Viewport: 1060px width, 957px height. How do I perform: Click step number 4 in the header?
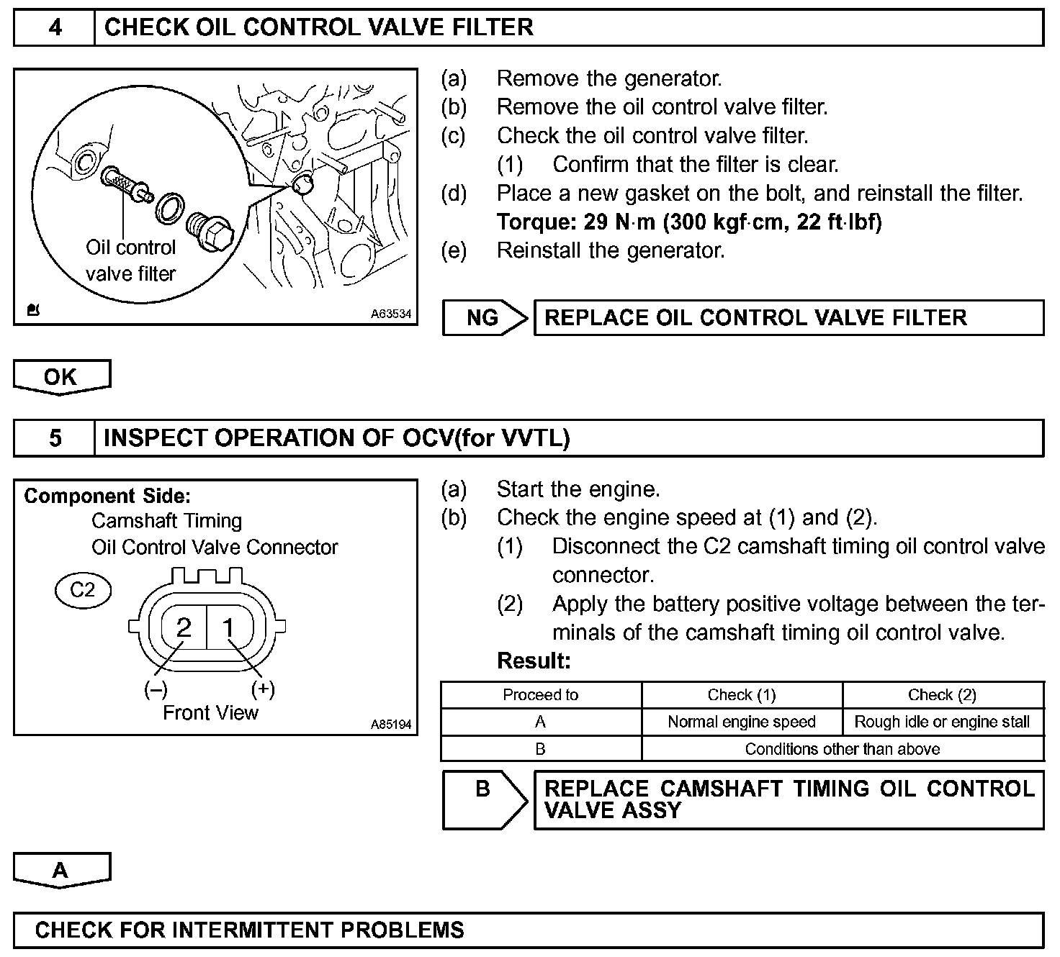pyautogui.click(x=55, y=28)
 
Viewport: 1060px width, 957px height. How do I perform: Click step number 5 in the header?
pyautogui.click(x=55, y=438)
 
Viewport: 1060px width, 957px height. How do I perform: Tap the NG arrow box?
pyautogui.click(x=485, y=318)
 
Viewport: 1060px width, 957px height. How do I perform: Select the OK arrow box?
pyautogui.click(x=61, y=377)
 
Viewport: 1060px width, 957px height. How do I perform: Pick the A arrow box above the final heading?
pyautogui.click(x=61, y=870)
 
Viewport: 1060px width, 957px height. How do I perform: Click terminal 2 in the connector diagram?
pyautogui.click(x=184, y=627)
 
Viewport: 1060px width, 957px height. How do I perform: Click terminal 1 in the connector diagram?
pyautogui.click(x=229, y=628)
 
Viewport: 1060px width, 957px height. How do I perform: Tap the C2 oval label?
pyautogui.click(x=83, y=590)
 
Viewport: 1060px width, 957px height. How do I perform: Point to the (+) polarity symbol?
pyautogui.click(x=263, y=689)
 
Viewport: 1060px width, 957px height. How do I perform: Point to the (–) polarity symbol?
pyautogui.click(x=156, y=689)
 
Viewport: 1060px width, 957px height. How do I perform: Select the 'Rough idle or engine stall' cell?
pyautogui.click(x=942, y=722)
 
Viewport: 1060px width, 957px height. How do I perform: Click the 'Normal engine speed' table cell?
pyautogui.click(x=742, y=722)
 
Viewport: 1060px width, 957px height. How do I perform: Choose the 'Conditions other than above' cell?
pyautogui.click(x=842, y=749)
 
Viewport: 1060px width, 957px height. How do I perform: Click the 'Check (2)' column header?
pyautogui.click(x=942, y=695)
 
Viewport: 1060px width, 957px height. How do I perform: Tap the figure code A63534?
pyautogui.click(x=391, y=314)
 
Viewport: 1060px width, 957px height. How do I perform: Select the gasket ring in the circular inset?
pyautogui.click(x=170, y=207)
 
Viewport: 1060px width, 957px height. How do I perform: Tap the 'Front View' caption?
pyautogui.click(x=210, y=713)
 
